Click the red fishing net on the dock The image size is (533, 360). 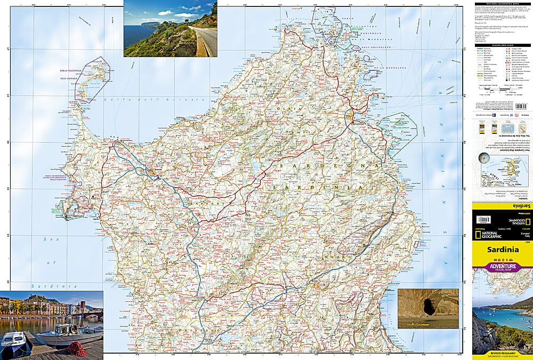click(x=77, y=349)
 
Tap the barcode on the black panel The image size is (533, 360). click(x=483, y=219)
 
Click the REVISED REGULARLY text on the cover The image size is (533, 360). click(x=502, y=353)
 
